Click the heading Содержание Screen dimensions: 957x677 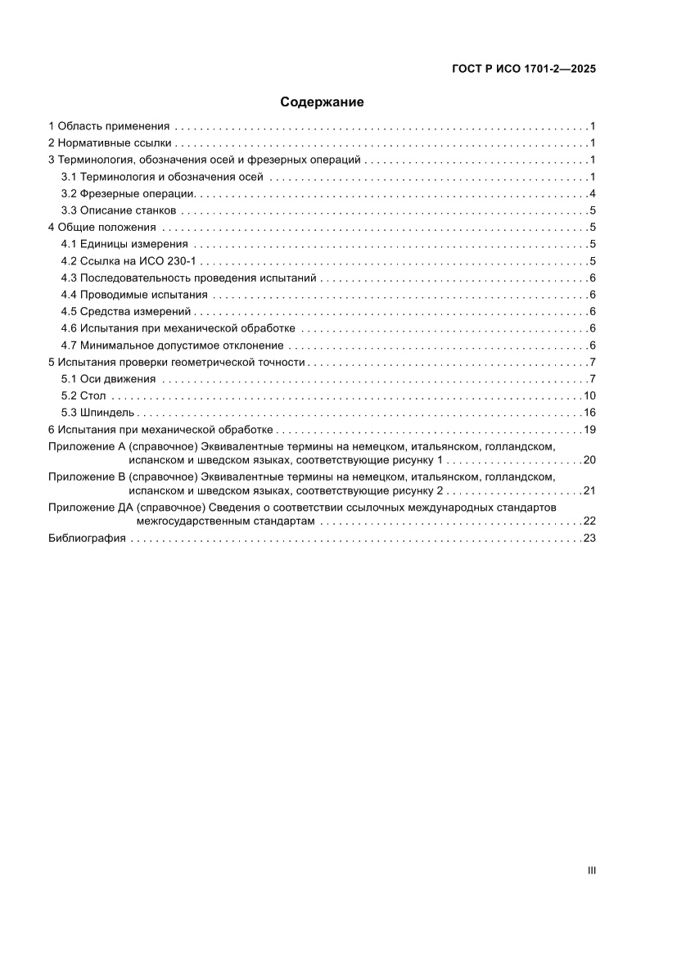(x=322, y=102)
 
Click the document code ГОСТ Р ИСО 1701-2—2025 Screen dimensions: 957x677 (x=523, y=70)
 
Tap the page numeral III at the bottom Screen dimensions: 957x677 (x=591, y=871)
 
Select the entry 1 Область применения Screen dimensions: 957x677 (x=109, y=126)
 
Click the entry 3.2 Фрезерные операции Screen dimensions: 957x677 (x=128, y=193)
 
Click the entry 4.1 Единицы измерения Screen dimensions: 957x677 (x=125, y=244)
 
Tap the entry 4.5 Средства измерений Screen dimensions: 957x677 (x=126, y=311)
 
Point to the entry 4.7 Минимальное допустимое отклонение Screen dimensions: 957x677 (x=173, y=345)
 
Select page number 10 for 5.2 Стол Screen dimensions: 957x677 (x=589, y=395)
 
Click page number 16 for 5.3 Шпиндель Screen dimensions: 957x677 (x=589, y=412)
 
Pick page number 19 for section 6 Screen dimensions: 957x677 (x=589, y=429)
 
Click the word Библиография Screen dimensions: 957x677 (x=87, y=538)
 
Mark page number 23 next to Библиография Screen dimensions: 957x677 (x=589, y=538)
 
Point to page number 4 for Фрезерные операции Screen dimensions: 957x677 (x=591, y=193)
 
